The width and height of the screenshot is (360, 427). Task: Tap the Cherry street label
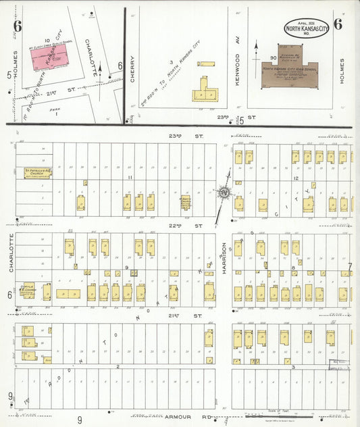[x=133, y=69]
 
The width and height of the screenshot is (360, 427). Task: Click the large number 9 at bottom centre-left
[x=80, y=420]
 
